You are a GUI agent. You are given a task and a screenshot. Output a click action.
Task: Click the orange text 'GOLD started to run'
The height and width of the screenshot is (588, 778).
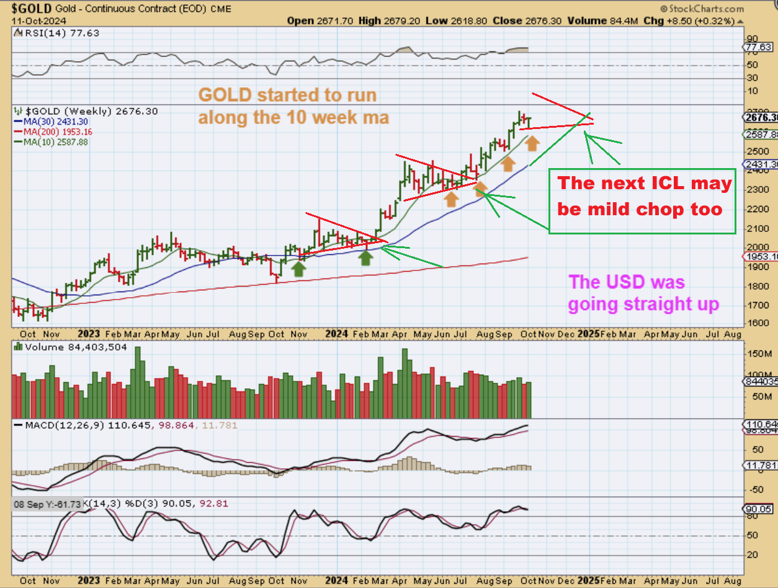click(x=287, y=96)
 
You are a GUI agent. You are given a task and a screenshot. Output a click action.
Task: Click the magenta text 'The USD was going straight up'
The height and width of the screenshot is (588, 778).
click(x=644, y=293)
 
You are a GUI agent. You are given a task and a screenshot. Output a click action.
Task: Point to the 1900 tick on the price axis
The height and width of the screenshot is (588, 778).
click(x=756, y=267)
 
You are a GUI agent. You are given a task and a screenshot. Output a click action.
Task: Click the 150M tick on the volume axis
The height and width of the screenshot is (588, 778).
click(x=758, y=353)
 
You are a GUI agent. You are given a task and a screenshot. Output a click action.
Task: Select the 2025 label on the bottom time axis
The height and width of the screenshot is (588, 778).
click(x=588, y=333)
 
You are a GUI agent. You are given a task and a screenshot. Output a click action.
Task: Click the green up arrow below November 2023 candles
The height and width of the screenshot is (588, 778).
click(x=298, y=268)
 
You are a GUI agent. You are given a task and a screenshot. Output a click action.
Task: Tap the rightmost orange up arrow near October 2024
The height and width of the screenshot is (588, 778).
click(x=532, y=143)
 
